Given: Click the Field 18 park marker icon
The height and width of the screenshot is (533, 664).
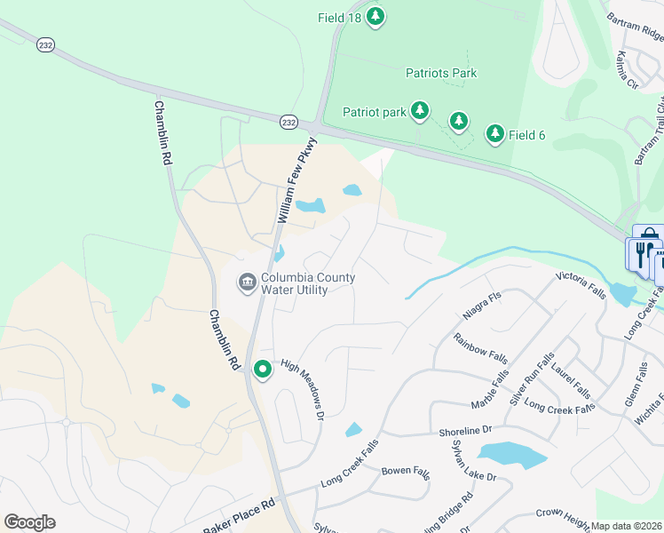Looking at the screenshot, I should point(375,17).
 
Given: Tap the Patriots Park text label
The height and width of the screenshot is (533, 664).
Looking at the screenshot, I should point(441,73).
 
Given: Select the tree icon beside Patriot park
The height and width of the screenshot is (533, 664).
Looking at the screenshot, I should point(419,111).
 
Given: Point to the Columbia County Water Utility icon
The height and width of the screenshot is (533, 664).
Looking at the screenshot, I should point(246,283).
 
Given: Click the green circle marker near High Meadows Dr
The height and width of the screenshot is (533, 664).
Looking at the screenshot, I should point(262,369).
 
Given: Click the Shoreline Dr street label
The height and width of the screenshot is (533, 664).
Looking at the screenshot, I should point(464,431).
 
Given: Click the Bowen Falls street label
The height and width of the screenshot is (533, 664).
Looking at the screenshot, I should point(406,470).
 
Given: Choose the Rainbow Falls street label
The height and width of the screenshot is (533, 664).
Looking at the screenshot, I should point(480,348).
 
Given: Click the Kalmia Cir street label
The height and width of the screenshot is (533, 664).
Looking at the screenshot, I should point(627,69).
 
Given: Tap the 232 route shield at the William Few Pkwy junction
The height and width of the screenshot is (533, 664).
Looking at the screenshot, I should point(288,123).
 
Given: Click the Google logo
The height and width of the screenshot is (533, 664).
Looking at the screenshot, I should point(30,522).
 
